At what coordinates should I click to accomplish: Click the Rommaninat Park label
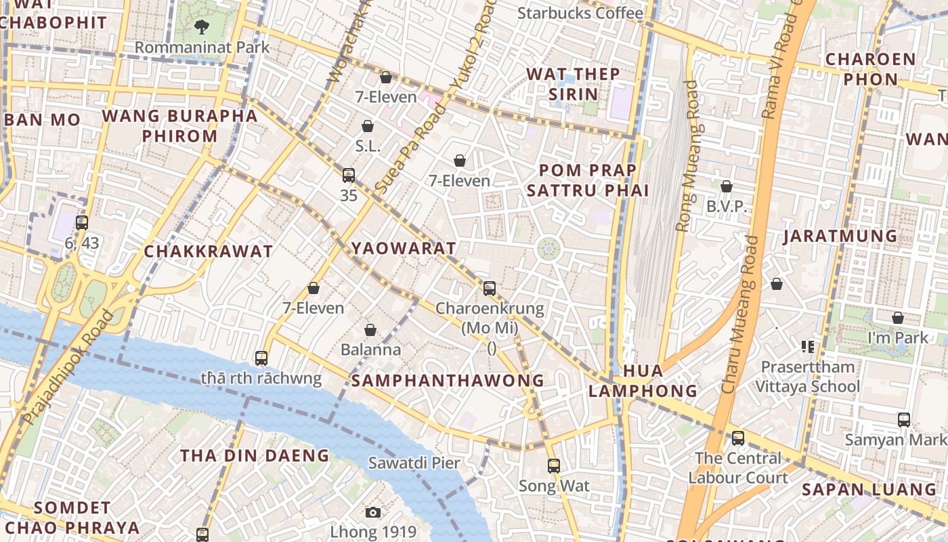(202, 47)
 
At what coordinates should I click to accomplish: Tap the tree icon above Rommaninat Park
(201, 27)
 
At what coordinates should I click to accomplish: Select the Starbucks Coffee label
(580, 13)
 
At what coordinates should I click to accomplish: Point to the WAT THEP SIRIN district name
(573, 83)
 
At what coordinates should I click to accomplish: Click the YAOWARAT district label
(404, 248)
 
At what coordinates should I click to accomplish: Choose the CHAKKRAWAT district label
(209, 251)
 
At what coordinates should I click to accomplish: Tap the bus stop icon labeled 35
(349, 175)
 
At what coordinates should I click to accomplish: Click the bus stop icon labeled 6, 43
(82, 222)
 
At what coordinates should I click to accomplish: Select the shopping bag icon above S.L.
(368, 126)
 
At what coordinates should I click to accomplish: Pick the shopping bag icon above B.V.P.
(727, 186)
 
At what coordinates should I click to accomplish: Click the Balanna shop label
(370, 350)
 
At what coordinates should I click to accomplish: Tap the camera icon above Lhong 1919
(373, 512)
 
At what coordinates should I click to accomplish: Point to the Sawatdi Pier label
(414, 463)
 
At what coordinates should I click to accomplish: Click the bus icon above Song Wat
(554, 466)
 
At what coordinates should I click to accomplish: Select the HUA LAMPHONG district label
(643, 381)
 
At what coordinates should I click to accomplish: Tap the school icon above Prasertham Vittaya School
(807, 347)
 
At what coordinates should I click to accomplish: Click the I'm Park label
(898, 337)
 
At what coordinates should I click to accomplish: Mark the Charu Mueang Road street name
(739, 314)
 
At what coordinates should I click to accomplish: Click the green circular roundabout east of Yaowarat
(548, 249)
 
